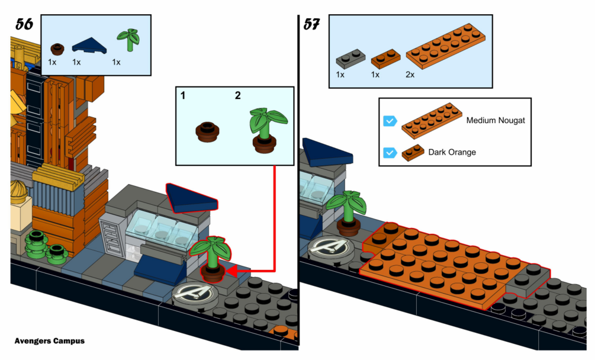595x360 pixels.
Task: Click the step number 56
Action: (24, 25)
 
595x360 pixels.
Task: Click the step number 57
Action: (313, 25)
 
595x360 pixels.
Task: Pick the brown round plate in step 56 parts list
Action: (57, 49)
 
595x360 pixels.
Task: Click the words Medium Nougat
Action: (496, 121)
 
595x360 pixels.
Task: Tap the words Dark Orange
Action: (452, 152)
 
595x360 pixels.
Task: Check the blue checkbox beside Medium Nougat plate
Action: (390, 121)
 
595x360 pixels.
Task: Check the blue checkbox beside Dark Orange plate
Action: (390, 152)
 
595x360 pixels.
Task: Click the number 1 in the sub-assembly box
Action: (183, 95)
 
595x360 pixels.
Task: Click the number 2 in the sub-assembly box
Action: (237, 95)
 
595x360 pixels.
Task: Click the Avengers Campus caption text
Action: (50, 341)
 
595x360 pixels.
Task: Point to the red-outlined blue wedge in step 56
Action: (191, 198)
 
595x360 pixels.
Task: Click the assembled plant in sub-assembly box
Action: (266, 128)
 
